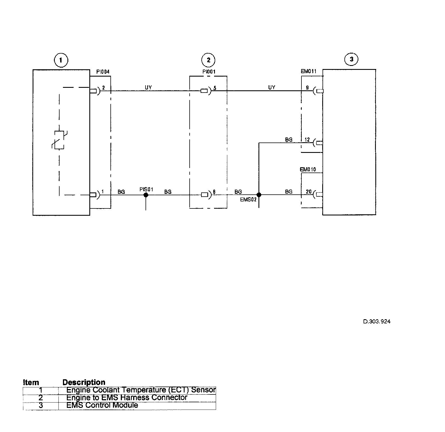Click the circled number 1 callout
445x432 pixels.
[61, 60]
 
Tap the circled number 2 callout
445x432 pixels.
[208, 60]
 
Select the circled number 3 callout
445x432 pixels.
[351, 59]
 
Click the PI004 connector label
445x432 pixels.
[103, 72]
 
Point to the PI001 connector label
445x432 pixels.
[209, 72]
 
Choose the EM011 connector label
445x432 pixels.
[308, 71]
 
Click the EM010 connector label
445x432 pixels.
[308, 169]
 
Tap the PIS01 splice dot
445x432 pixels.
[146, 195]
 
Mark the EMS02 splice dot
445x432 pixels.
[259, 195]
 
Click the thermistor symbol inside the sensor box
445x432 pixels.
[59, 140]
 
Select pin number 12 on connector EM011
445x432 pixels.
[307, 140]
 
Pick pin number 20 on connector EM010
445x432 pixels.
[308, 192]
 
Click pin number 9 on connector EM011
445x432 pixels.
[307, 88]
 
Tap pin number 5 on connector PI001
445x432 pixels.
[215, 88]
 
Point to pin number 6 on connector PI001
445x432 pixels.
[214, 192]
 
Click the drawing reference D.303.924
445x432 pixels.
[377, 321]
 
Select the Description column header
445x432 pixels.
[84, 382]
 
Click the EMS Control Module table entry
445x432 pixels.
[102, 405]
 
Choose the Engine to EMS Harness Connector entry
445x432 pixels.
[127, 398]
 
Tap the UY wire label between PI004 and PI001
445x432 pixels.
[148, 88]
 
